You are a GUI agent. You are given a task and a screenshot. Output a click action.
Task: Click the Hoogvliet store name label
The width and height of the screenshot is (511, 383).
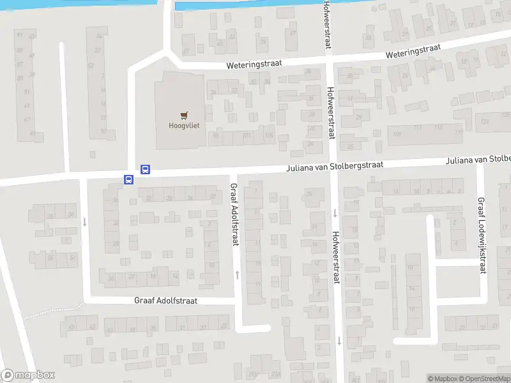point(184,126)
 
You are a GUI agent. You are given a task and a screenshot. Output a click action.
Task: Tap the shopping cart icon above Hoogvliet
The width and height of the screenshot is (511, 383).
point(184,116)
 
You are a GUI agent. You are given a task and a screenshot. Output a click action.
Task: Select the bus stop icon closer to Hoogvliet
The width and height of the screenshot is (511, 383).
point(145,170)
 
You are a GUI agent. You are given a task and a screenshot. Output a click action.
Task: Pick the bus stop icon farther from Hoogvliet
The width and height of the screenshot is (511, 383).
point(128,180)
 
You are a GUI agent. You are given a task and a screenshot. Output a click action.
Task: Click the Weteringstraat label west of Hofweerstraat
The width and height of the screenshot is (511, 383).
point(254,64)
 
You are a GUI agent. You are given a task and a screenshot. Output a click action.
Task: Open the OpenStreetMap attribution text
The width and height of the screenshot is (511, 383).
point(484,379)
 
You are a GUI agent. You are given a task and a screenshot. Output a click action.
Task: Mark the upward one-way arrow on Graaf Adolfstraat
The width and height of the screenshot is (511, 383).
point(238,274)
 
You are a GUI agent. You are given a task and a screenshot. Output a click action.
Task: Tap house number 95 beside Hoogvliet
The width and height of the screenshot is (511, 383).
point(215,135)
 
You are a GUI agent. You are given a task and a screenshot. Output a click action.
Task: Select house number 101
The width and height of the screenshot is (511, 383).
point(247,135)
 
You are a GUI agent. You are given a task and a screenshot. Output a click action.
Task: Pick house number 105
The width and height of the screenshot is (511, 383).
point(269,135)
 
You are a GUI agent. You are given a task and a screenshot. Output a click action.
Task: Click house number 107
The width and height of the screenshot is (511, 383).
point(397,134)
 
